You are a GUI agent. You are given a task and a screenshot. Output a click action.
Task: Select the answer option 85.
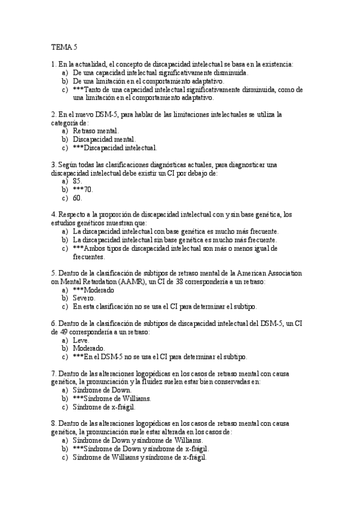(77, 180)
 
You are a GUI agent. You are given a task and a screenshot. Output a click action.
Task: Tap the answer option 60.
(77, 197)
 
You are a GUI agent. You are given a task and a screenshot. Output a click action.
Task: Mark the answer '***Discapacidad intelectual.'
(115, 147)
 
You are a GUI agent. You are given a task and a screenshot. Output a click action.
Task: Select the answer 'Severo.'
(84, 298)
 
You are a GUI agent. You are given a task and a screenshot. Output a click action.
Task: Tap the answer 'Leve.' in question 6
(81, 339)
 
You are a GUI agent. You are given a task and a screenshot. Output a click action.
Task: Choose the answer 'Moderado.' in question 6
(88, 348)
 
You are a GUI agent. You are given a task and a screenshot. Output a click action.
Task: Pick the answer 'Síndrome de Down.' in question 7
(102, 390)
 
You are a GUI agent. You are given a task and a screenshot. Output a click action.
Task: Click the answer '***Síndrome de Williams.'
(111, 398)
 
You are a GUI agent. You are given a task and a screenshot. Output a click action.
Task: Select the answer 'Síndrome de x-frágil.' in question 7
(104, 407)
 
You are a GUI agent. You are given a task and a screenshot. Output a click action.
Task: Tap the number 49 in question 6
(56, 331)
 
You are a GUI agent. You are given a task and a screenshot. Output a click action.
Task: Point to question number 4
(53, 214)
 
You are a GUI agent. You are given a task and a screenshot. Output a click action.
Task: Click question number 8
(53, 423)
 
